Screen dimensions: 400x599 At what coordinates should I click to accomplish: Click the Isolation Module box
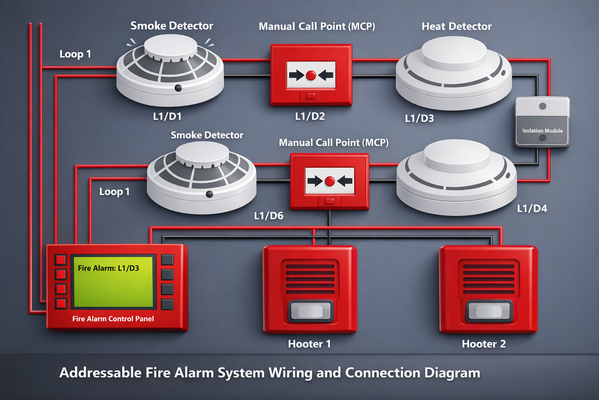(x=542, y=122)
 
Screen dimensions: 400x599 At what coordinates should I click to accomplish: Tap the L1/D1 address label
(x=167, y=116)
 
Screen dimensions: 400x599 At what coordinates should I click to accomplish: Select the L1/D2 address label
(x=310, y=116)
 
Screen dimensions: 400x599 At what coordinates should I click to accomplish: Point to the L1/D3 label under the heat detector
(x=419, y=118)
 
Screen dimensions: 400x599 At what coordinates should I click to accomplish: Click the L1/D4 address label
(x=532, y=209)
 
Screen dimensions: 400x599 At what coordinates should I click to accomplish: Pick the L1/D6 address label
(x=269, y=216)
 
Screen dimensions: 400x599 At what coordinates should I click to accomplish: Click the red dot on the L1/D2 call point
(x=311, y=75)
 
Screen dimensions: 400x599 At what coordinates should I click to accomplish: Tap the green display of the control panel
(x=113, y=281)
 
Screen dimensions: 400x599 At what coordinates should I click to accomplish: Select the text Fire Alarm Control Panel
(x=113, y=319)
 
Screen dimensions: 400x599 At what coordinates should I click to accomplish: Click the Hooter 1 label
(x=309, y=344)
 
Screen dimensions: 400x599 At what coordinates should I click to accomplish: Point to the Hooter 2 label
(x=484, y=344)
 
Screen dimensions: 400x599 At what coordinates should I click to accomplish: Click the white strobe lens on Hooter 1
(x=310, y=311)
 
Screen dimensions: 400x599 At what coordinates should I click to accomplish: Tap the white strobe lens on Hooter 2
(x=489, y=311)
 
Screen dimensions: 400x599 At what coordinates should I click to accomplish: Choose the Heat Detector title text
(x=457, y=27)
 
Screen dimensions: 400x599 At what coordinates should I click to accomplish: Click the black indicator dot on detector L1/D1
(x=178, y=88)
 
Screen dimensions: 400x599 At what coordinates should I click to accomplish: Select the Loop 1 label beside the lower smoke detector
(x=114, y=192)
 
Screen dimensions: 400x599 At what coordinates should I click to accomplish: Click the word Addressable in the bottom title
(x=100, y=373)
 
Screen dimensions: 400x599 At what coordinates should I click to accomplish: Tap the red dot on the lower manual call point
(x=330, y=181)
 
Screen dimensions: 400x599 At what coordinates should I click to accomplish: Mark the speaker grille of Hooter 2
(x=488, y=279)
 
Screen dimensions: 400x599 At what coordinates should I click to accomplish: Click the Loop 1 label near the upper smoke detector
(x=75, y=54)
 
